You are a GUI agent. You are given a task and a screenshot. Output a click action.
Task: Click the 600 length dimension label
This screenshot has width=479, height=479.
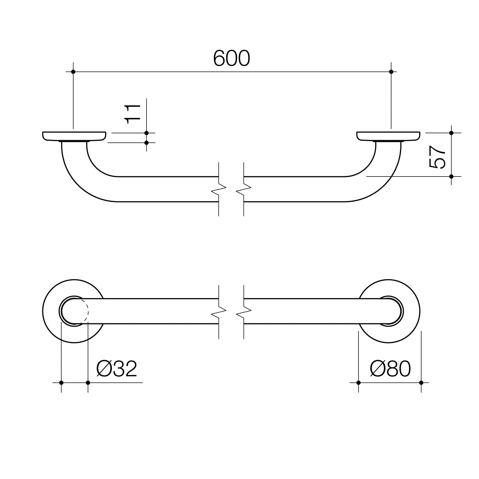tap(232, 59)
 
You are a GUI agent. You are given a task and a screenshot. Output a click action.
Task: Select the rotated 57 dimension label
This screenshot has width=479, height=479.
tap(437, 157)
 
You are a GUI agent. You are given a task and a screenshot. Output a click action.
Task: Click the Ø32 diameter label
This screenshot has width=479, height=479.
tap(117, 369)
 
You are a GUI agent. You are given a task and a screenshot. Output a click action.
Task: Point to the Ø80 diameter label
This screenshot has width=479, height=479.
tap(390, 369)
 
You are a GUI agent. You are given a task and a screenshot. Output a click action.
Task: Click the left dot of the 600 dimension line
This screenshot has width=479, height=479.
tap(73, 72)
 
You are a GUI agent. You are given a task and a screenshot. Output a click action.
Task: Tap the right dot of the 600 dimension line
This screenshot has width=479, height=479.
tap(391, 72)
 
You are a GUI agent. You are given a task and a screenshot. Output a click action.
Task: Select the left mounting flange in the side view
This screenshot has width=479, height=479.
tap(74, 136)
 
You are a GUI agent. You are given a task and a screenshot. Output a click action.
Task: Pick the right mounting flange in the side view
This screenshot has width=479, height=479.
tap(388, 136)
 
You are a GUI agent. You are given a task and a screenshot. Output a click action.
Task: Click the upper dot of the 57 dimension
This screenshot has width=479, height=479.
tap(451, 133)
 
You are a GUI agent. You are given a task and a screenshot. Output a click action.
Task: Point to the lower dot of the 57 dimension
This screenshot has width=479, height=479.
tap(451, 176)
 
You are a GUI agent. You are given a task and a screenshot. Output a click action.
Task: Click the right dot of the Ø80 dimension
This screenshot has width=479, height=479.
tap(421, 382)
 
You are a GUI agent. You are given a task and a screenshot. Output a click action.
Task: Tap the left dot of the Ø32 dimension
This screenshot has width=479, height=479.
tap(61, 382)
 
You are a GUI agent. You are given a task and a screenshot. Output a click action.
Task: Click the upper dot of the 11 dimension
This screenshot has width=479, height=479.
tap(146, 133)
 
